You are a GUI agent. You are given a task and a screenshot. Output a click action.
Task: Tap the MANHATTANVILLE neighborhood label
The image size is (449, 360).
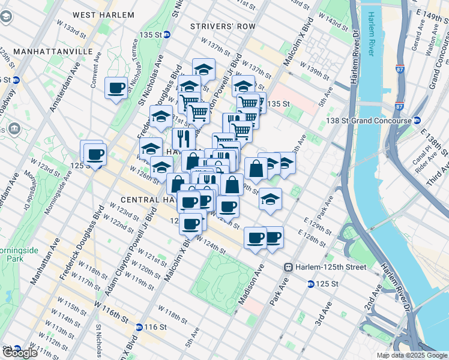(x=47, y=52)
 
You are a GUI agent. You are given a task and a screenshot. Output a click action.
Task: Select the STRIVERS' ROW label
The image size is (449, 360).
(x=223, y=26)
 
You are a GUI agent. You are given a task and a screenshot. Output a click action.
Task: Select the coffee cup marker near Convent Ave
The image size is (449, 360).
(x=116, y=89)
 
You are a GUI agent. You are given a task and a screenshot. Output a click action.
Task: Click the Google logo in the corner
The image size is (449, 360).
(x=19, y=353)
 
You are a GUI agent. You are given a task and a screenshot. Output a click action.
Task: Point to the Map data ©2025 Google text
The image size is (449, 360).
(x=412, y=355)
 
